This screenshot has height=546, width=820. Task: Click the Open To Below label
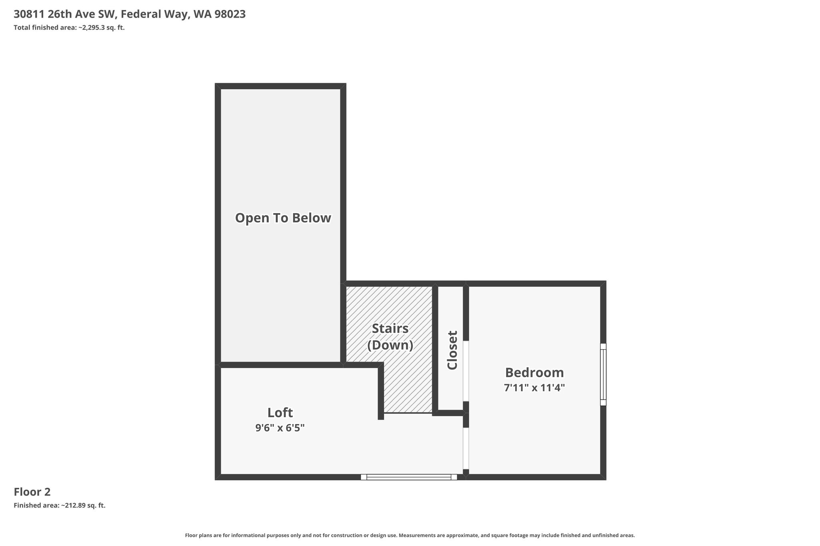(283, 218)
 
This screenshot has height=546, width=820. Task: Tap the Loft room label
(280, 412)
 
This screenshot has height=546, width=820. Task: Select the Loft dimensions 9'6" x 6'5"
(280, 428)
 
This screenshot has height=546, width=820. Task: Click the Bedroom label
(535, 373)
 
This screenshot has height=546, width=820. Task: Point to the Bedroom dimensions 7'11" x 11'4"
(535, 388)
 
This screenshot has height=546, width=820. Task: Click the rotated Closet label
(452, 350)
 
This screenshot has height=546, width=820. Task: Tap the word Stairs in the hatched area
(390, 328)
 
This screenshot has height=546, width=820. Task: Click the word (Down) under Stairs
(390, 345)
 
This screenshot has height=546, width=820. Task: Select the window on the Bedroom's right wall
(603, 374)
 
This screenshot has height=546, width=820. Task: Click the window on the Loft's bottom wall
(409, 477)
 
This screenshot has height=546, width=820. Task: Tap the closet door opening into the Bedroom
(466, 371)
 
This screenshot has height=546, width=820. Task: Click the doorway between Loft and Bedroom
(466, 448)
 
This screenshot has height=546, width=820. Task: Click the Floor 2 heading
(32, 492)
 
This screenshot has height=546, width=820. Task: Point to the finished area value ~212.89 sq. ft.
(83, 506)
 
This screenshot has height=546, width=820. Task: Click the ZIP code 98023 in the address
(230, 14)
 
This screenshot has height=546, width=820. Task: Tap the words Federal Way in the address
(155, 15)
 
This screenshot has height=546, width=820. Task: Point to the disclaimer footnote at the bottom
(410, 535)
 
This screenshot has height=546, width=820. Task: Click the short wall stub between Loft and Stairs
(381, 391)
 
